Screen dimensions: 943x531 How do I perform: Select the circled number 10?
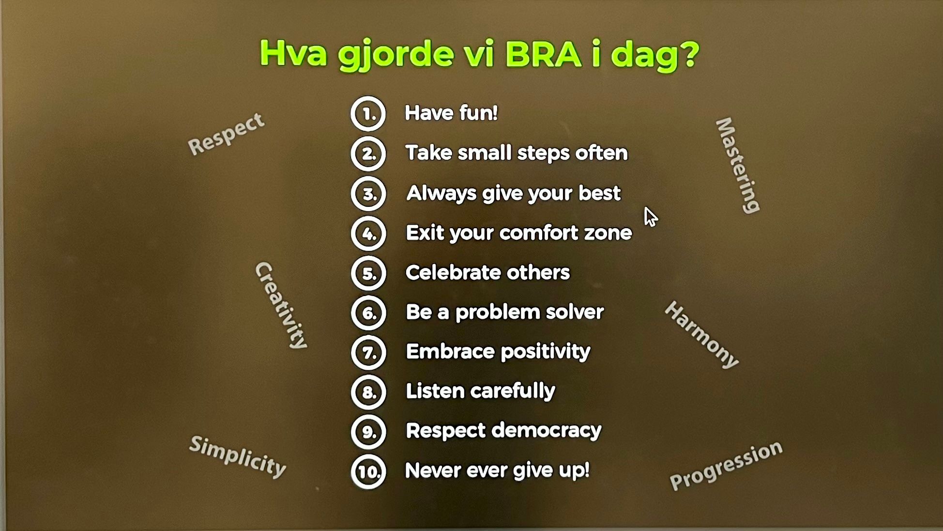tap(368, 471)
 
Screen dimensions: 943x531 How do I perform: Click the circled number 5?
tap(368, 273)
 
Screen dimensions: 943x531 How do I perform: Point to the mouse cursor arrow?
tap(651, 217)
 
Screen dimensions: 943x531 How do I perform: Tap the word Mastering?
tap(738, 165)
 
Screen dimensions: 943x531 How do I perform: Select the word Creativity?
tap(281, 305)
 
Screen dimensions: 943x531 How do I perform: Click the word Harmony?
tap(701, 334)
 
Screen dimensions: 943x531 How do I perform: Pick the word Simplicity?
tap(238, 456)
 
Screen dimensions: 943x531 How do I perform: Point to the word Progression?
tap(726, 465)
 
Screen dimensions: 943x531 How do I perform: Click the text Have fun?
tap(451, 113)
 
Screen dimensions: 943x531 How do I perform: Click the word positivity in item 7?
tap(544, 352)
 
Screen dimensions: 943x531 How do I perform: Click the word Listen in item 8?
tap(436, 390)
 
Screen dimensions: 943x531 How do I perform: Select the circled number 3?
tap(368, 194)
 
